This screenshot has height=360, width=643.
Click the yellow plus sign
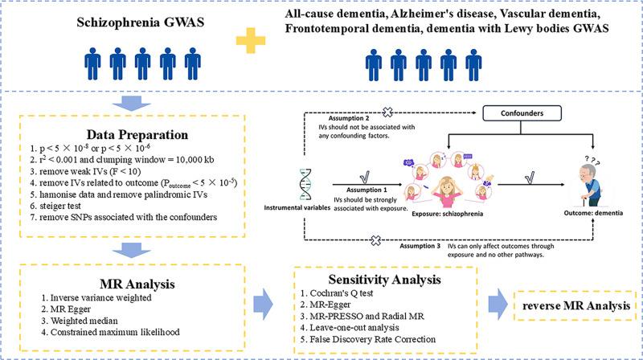coord(251,41)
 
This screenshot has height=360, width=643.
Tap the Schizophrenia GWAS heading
coord(140,22)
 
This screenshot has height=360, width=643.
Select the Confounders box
coord(522,113)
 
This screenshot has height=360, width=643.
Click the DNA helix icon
coord(305,184)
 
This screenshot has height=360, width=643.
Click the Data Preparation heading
coord(137,134)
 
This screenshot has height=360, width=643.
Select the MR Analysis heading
coord(137,284)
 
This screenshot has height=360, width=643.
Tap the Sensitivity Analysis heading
coord(384,279)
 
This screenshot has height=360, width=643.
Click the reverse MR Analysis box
coord(575,305)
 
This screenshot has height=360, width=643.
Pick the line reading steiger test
coord(55,206)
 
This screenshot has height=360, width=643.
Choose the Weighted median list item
coord(80,321)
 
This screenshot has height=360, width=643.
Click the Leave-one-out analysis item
coord(350,328)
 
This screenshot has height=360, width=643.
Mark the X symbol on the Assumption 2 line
coord(387,112)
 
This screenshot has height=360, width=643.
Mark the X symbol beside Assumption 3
coord(375,240)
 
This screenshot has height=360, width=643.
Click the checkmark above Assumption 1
coord(365,177)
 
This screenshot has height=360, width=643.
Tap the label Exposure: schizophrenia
coord(448,214)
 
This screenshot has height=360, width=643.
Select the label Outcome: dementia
coord(593,213)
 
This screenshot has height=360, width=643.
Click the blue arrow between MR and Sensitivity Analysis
coord(263,304)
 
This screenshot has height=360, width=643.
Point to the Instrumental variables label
coord(297,208)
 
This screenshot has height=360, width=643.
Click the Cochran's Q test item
coord(337,293)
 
